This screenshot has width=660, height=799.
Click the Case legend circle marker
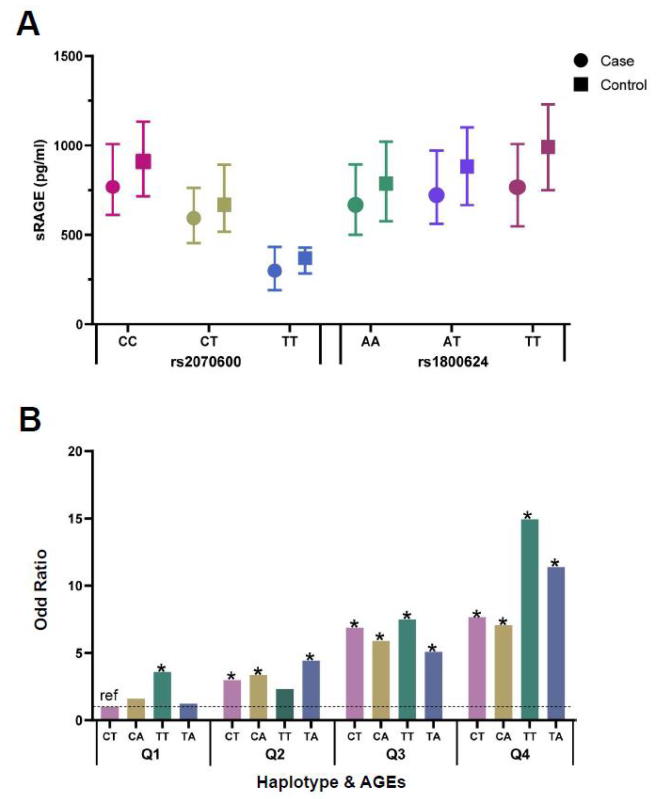click(581, 60)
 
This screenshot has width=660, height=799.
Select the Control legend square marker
click(581, 84)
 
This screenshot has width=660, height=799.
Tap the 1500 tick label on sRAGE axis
click(68, 56)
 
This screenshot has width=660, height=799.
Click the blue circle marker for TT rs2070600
click(274, 271)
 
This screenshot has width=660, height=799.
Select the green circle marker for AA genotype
click(356, 205)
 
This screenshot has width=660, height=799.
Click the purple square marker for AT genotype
click(467, 166)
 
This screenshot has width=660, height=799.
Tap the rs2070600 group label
click(206, 361)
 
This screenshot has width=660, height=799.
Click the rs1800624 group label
click(453, 361)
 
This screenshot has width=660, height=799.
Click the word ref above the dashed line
click(109, 695)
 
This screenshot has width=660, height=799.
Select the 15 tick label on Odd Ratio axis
click(75, 519)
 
